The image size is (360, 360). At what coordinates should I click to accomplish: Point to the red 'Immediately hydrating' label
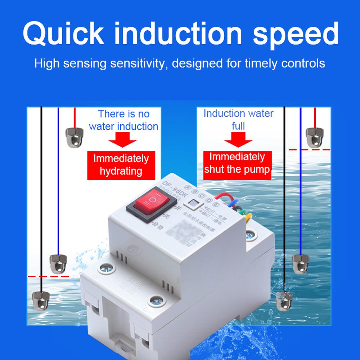(121, 165)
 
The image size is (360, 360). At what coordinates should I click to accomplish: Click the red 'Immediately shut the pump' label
(237, 163)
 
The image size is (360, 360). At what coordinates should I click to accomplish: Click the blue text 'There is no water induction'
(123, 120)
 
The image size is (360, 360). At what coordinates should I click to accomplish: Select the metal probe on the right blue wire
(300, 262)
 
